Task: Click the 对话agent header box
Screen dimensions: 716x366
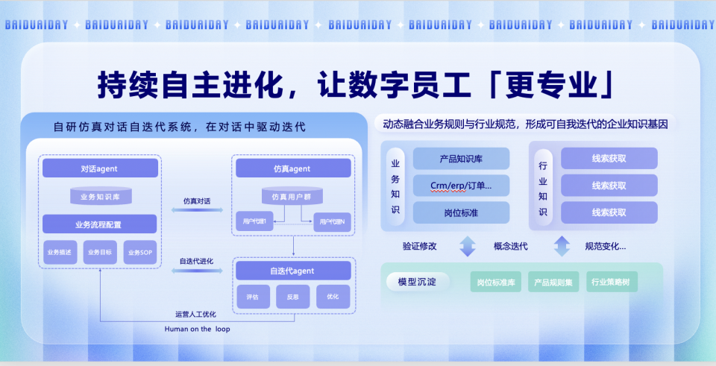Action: click(100, 168)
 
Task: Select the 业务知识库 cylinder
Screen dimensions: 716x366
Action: click(100, 197)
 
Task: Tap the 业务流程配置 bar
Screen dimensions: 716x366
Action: click(100, 224)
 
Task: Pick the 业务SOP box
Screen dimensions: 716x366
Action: click(140, 253)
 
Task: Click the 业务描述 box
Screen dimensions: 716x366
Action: click(59, 253)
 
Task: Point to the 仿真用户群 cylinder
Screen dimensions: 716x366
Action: click(292, 197)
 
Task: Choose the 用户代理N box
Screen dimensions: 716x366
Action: click(331, 221)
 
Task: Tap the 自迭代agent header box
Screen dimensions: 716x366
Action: click(292, 271)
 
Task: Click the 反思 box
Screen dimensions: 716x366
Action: click(292, 297)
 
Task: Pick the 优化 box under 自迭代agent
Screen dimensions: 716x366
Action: click(333, 297)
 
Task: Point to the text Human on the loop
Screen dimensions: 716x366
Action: click(197, 329)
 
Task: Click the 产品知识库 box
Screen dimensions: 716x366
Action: click(461, 158)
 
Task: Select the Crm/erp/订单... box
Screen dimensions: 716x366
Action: click(461, 185)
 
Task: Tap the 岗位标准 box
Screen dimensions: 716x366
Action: click(461, 212)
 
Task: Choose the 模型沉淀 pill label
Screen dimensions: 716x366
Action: click(412, 282)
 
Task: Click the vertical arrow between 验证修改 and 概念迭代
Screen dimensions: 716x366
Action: click(468, 246)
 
